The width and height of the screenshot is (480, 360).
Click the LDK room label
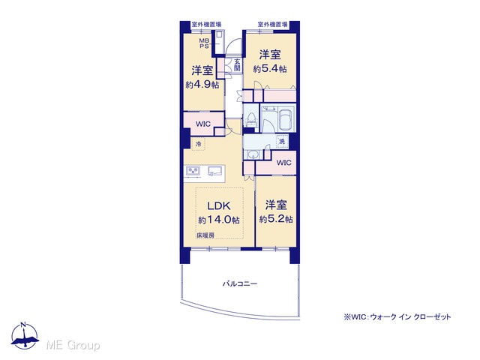pyautogui.click(x=219, y=205)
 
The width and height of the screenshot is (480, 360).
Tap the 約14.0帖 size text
pyautogui.click(x=219, y=220)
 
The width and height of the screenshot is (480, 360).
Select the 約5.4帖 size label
pyautogui.click(x=270, y=68)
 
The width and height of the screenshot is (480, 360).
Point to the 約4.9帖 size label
pyautogui.click(x=202, y=85)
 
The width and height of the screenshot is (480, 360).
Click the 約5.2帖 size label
pyautogui.click(x=276, y=219)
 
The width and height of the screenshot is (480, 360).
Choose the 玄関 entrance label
pyautogui.click(x=237, y=64)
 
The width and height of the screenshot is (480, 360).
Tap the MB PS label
pyautogui.click(x=204, y=43)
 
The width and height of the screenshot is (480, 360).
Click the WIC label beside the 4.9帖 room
pyautogui.click(x=203, y=124)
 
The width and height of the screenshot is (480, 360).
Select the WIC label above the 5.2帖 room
pyautogui.click(x=283, y=163)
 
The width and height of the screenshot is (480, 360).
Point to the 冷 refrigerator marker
pyautogui.click(x=198, y=143)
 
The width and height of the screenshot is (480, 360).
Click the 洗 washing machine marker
pyautogui.click(x=282, y=141)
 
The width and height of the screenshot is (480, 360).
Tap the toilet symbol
pyautogui.click(x=252, y=120)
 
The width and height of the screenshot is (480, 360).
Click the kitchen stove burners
pyautogui.click(x=193, y=171)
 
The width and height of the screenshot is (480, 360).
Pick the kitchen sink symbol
pyautogui.click(x=214, y=171)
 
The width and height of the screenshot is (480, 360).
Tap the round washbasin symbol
pyautogui.click(x=253, y=155)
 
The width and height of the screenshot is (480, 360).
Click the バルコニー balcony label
pyautogui.click(x=240, y=283)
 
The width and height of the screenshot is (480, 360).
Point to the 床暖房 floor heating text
pyautogui.click(x=205, y=235)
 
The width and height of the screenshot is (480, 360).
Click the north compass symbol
pyautogui.click(x=25, y=335)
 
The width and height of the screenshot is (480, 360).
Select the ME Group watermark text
pyautogui.click(x=73, y=345)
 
